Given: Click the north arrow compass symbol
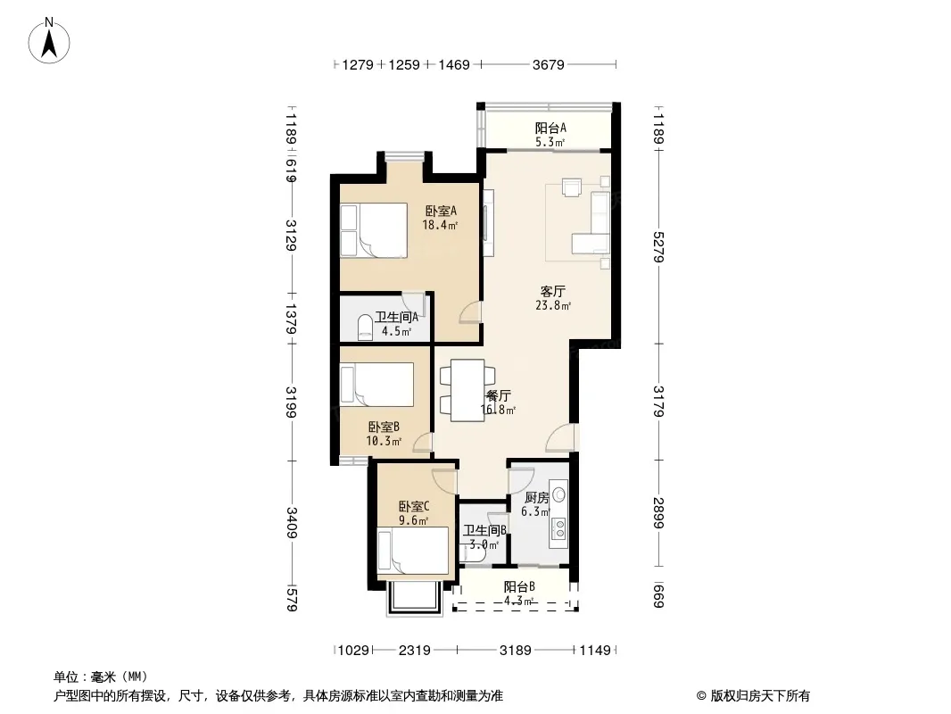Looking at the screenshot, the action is click(49, 41).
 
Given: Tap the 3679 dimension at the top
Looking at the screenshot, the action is click(549, 64).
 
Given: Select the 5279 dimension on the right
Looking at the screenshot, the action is click(658, 247).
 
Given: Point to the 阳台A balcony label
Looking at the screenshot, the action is click(550, 128).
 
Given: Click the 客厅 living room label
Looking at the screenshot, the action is click(553, 291).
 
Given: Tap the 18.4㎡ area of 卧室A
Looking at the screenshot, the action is click(440, 225).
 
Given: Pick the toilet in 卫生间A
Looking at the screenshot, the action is click(365, 327).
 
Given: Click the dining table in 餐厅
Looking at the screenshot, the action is click(467, 390).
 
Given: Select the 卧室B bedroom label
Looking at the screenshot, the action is click(384, 428).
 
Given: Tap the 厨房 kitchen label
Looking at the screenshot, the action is click(537, 498).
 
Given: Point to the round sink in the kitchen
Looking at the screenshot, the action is click(559, 494).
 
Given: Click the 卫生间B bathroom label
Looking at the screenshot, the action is click(484, 531).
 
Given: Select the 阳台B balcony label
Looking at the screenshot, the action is click(519, 586).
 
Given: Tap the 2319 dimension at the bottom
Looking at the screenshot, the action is click(415, 651).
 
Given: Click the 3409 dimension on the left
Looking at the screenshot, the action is click(292, 522).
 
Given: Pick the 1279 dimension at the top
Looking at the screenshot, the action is click(358, 64).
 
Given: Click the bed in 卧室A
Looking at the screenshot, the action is click(374, 230).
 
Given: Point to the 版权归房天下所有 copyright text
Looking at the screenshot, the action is click(760, 696).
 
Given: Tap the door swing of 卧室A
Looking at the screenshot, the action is click(470, 311).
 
